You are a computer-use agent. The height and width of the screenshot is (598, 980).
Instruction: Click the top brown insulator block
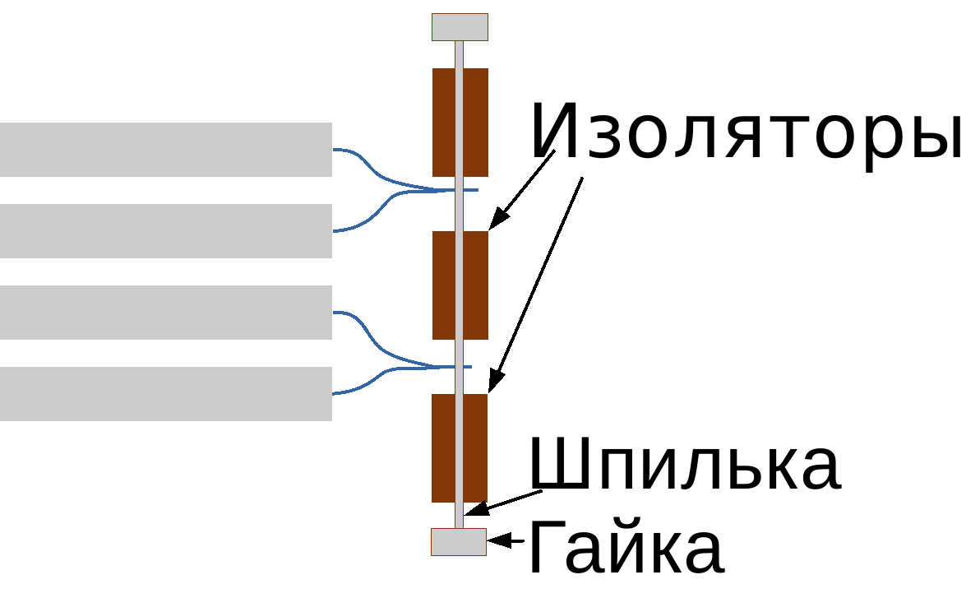tap(460, 122)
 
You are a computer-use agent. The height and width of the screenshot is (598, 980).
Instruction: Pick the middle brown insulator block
tap(460, 285)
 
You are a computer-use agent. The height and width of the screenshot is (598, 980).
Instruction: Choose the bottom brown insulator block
tap(460, 447)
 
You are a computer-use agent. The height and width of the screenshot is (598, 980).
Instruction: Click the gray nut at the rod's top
tap(460, 27)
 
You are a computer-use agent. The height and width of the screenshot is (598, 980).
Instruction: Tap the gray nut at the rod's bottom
tap(459, 542)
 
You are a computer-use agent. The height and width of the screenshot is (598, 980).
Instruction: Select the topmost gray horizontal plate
tap(165, 150)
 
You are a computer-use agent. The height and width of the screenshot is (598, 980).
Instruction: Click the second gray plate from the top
tap(165, 231)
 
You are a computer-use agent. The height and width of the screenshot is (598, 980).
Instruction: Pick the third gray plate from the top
tap(165, 313)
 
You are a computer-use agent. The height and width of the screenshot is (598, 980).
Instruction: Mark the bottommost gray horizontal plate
tap(165, 394)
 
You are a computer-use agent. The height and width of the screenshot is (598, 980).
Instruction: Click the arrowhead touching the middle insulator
tap(498, 220)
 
